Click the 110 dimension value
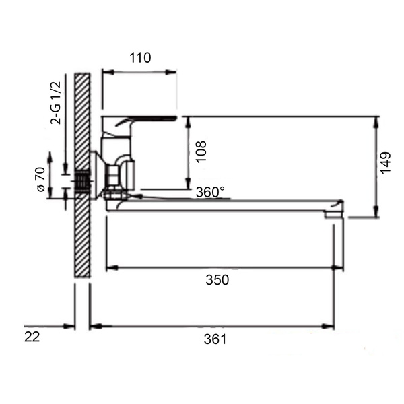click(x=140, y=58)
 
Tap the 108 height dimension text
click(x=201, y=151)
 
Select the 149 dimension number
click(x=386, y=163)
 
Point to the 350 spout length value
click(x=217, y=280)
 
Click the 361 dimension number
click(x=215, y=339)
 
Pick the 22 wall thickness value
click(x=32, y=337)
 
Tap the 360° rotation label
click(x=210, y=192)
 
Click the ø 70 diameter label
click(x=41, y=179)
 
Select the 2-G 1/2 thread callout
click(x=56, y=103)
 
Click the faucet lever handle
click(x=144, y=121)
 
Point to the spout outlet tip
click(x=334, y=214)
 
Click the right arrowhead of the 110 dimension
click(x=171, y=72)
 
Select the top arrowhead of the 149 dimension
click(x=376, y=123)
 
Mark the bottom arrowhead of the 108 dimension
click(x=189, y=183)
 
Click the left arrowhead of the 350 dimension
click(x=112, y=268)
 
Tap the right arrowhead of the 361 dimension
click(x=328, y=326)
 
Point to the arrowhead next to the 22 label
click(x=69, y=326)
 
